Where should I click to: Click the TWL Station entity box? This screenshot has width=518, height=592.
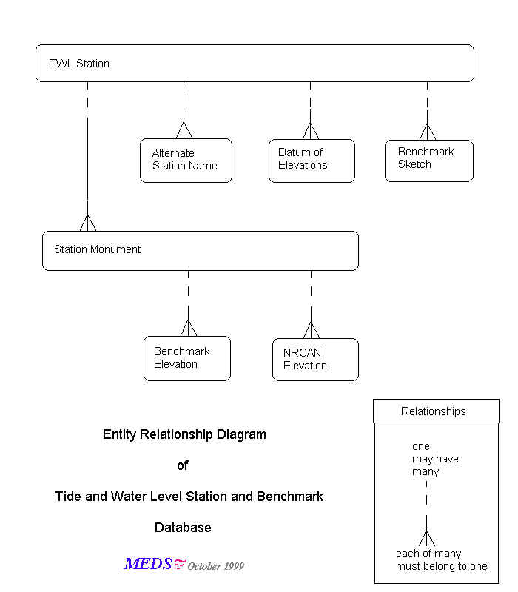point(255,63)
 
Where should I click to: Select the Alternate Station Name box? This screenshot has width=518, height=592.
point(186,160)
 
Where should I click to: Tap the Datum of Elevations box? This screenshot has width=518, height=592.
point(312,160)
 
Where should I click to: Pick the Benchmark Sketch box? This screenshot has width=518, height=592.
point(428,160)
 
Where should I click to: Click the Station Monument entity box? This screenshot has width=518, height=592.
point(200,250)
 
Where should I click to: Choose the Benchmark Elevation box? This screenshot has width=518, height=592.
point(186,358)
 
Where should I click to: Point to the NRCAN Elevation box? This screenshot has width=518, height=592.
point(315,360)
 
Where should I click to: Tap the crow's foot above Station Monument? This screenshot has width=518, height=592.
point(88,223)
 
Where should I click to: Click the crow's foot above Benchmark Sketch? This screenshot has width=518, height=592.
point(428,132)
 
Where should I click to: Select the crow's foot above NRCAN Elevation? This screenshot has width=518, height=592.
point(311,330)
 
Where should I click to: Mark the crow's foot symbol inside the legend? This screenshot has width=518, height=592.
point(426,539)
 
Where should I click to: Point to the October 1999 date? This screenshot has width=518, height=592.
point(215,566)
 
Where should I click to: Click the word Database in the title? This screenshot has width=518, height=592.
point(183,528)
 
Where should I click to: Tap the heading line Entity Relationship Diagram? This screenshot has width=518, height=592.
point(184,434)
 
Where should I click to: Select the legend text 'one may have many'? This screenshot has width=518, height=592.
point(435,459)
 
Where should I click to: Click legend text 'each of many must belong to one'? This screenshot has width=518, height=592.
point(441,560)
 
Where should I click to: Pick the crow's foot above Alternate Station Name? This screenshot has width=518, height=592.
point(184,130)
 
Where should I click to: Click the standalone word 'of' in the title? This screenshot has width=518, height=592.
point(183,465)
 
